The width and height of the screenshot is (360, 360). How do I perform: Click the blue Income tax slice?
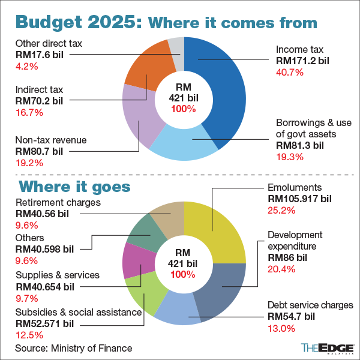click(x=225, y=90)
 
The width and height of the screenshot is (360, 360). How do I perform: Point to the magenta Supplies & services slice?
click(x=133, y=262)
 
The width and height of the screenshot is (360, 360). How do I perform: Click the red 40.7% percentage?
click(x=290, y=73)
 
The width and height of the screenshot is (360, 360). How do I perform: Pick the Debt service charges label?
click(x=310, y=305)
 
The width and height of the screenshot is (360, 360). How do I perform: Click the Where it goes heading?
click(x=74, y=186)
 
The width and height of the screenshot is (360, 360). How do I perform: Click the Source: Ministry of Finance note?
click(x=73, y=348)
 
